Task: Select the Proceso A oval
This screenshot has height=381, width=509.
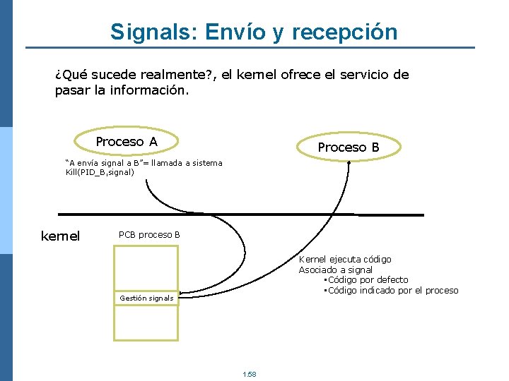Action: (x=127, y=142)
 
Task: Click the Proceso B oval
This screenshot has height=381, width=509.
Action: (x=349, y=147)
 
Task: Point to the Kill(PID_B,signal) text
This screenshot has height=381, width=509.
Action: (x=100, y=171)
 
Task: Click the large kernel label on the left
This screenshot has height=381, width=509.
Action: (x=61, y=236)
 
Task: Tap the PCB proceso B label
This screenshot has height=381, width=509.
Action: (x=149, y=234)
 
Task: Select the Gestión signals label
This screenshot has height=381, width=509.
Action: (x=146, y=298)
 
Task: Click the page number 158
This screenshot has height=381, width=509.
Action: (x=249, y=374)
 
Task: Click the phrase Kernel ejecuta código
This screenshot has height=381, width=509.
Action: (x=345, y=260)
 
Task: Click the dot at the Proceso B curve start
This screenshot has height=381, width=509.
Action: (x=349, y=162)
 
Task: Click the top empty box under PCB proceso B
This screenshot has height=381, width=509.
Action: (x=146, y=267)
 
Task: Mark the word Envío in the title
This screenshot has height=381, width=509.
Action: (x=231, y=32)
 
